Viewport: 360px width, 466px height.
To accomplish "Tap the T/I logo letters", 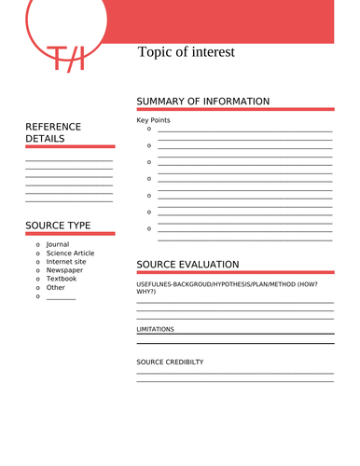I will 66,59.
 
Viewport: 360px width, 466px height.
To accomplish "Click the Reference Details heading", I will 53,132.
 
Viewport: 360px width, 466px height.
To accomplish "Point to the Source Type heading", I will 58,226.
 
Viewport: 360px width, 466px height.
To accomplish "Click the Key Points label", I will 153,120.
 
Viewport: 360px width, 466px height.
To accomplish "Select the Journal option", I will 58,244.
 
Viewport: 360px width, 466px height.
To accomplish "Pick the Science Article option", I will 70,253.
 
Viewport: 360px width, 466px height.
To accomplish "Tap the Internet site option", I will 66,262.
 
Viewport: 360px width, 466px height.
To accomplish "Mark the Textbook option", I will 62,279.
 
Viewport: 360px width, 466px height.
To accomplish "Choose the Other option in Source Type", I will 56,287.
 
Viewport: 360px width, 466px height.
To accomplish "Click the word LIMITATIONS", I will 155,329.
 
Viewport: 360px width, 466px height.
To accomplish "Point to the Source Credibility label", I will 170,362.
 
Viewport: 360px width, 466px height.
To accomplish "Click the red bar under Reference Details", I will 70,146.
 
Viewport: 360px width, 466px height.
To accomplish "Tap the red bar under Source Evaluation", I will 235,273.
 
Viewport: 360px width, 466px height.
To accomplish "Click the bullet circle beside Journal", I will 37,244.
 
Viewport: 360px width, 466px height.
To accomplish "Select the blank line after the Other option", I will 61,297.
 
